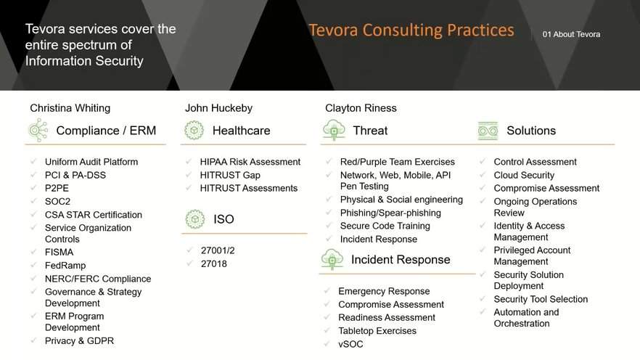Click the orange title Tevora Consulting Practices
[411, 30]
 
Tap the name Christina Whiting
[70, 108]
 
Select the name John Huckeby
[219, 108]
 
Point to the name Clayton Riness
[361, 108]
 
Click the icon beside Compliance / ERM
[38, 130]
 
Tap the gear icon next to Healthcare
[194, 130]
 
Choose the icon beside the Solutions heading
[488, 131]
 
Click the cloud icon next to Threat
[334, 130]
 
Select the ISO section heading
[223, 219]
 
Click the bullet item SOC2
[57, 202]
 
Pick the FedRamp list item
[65, 266]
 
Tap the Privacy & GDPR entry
[79, 341]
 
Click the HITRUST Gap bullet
[230, 175]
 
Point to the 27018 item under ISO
[214, 264]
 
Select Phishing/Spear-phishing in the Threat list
[390, 213]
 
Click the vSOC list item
[350, 344]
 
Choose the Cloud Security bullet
[524, 175]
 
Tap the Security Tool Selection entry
[541, 299]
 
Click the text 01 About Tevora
[572, 35]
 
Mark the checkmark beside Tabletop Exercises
[327, 330]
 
